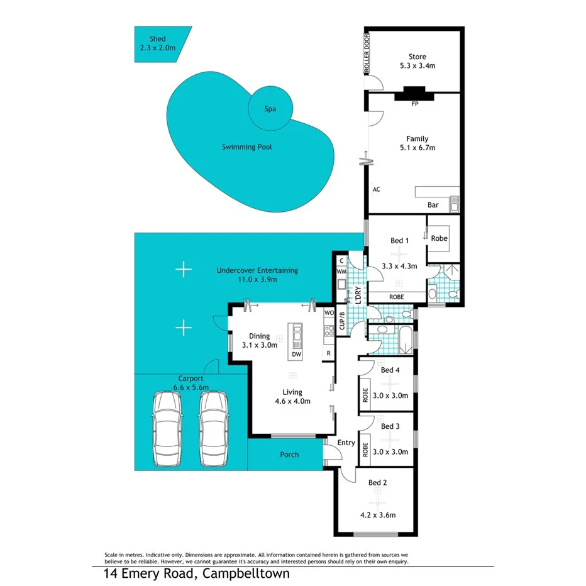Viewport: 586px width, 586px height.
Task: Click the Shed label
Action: click(153, 39)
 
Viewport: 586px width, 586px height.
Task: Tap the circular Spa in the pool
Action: click(270, 109)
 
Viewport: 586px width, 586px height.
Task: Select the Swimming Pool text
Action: click(246, 147)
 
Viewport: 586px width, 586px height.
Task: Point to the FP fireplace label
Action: click(414, 104)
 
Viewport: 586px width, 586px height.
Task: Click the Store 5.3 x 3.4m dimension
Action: click(417, 65)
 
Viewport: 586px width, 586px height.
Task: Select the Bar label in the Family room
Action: click(433, 205)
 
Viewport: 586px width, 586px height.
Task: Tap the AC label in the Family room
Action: click(377, 189)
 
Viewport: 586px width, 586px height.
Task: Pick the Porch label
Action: click(289, 455)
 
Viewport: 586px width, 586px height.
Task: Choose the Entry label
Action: click(346, 443)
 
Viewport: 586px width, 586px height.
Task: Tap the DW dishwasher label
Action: click(296, 355)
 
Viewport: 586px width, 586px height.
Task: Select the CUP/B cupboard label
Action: click(342, 321)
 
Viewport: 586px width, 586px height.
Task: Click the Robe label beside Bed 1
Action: click(439, 238)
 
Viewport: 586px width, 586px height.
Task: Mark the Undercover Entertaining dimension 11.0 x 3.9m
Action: click(257, 279)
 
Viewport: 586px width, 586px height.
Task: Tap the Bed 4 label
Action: click(390, 370)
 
